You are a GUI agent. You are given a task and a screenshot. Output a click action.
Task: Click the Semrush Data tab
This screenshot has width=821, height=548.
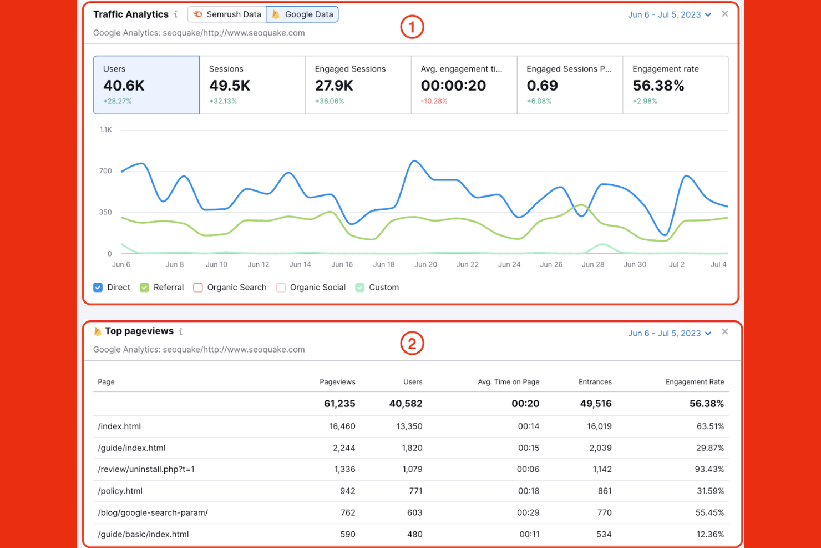[227, 14]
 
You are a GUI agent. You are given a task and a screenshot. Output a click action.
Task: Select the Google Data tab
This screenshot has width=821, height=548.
[302, 14]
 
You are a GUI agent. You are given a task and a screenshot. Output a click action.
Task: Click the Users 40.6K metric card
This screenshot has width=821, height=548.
[146, 84]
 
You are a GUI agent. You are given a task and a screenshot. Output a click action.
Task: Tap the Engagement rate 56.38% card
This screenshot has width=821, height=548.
[675, 84]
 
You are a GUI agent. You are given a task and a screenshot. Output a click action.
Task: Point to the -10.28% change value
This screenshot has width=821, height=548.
[434, 101]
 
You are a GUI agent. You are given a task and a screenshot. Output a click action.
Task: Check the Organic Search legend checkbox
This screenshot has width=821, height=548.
[198, 288]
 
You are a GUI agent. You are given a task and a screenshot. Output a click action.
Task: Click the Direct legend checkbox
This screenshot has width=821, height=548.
[98, 288]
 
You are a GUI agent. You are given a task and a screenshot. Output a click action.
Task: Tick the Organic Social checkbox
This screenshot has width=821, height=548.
[281, 288]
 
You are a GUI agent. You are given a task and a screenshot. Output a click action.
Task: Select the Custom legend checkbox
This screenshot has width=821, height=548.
[360, 288]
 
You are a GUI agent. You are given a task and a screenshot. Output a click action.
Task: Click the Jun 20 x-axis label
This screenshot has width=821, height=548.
[425, 264]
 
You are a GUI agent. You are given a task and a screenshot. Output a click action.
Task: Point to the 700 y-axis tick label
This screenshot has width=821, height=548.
[105, 171]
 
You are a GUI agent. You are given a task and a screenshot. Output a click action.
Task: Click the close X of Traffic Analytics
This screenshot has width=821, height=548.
[724, 14]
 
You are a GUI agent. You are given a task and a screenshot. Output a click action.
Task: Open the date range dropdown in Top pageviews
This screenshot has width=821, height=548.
[669, 333]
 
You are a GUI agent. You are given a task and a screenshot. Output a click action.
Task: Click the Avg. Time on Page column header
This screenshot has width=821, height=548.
[508, 382]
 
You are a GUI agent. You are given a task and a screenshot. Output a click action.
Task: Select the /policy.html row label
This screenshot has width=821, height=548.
[120, 491]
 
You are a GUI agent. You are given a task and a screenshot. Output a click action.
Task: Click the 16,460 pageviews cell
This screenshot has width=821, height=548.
[342, 426]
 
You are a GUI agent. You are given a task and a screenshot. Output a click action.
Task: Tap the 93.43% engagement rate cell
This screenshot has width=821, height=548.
[709, 469]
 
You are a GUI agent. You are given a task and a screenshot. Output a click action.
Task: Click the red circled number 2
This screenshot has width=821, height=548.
[412, 344]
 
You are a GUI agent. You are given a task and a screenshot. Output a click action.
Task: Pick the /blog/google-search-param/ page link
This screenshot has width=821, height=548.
[153, 512]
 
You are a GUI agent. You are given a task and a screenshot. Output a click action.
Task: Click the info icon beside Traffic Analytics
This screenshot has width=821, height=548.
[176, 14]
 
